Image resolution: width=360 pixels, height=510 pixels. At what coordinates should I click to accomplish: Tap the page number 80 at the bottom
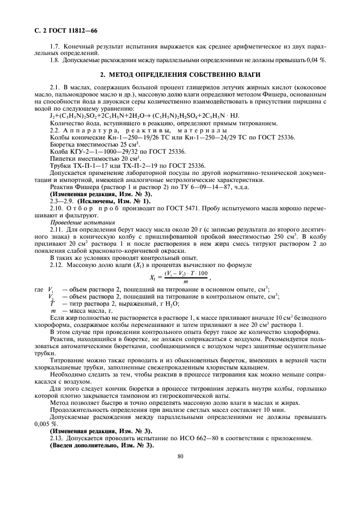pos(180,457)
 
